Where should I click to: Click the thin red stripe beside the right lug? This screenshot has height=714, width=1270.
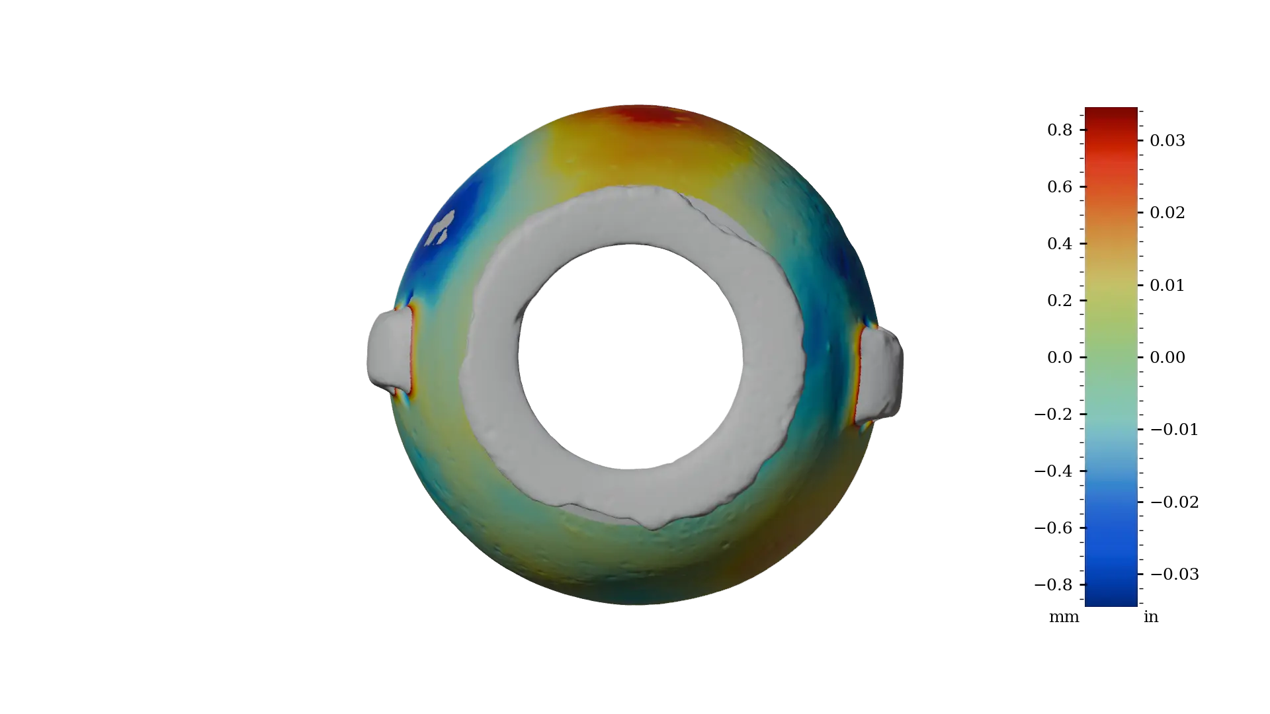(x=858, y=374)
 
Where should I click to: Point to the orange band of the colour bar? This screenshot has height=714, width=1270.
(x=1111, y=212)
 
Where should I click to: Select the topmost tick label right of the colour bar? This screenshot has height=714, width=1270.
(x=1167, y=140)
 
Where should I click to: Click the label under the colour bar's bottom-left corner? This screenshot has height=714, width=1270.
(x=1063, y=619)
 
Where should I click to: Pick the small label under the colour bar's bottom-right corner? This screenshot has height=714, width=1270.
(x=1151, y=619)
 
